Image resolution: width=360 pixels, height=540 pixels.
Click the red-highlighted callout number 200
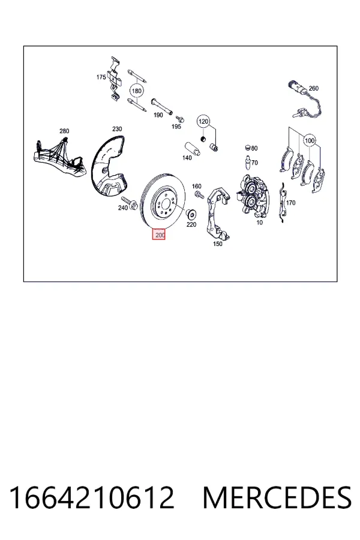tap(159, 235)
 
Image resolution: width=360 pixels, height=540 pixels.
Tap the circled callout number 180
tap(137, 91)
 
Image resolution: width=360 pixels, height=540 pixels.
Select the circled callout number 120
tap(203, 121)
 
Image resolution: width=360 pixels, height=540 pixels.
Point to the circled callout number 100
tap(310, 140)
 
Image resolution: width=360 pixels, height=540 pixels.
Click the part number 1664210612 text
tap(91, 497)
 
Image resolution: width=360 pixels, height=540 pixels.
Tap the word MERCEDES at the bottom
tap(277, 497)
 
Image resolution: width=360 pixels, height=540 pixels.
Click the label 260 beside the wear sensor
tap(313, 89)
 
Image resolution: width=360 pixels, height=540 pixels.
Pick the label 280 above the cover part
tap(64, 131)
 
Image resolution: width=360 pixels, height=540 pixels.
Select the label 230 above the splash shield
tap(117, 129)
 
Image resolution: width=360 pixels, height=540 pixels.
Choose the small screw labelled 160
tap(199, 194)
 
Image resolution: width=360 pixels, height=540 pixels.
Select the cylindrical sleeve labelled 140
tap(192, 149)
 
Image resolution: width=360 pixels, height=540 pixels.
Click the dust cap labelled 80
tap(247, 148)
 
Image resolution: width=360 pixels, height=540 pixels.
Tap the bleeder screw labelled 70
tap(247, 163)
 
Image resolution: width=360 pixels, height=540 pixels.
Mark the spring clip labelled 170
tap(283, 203)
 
